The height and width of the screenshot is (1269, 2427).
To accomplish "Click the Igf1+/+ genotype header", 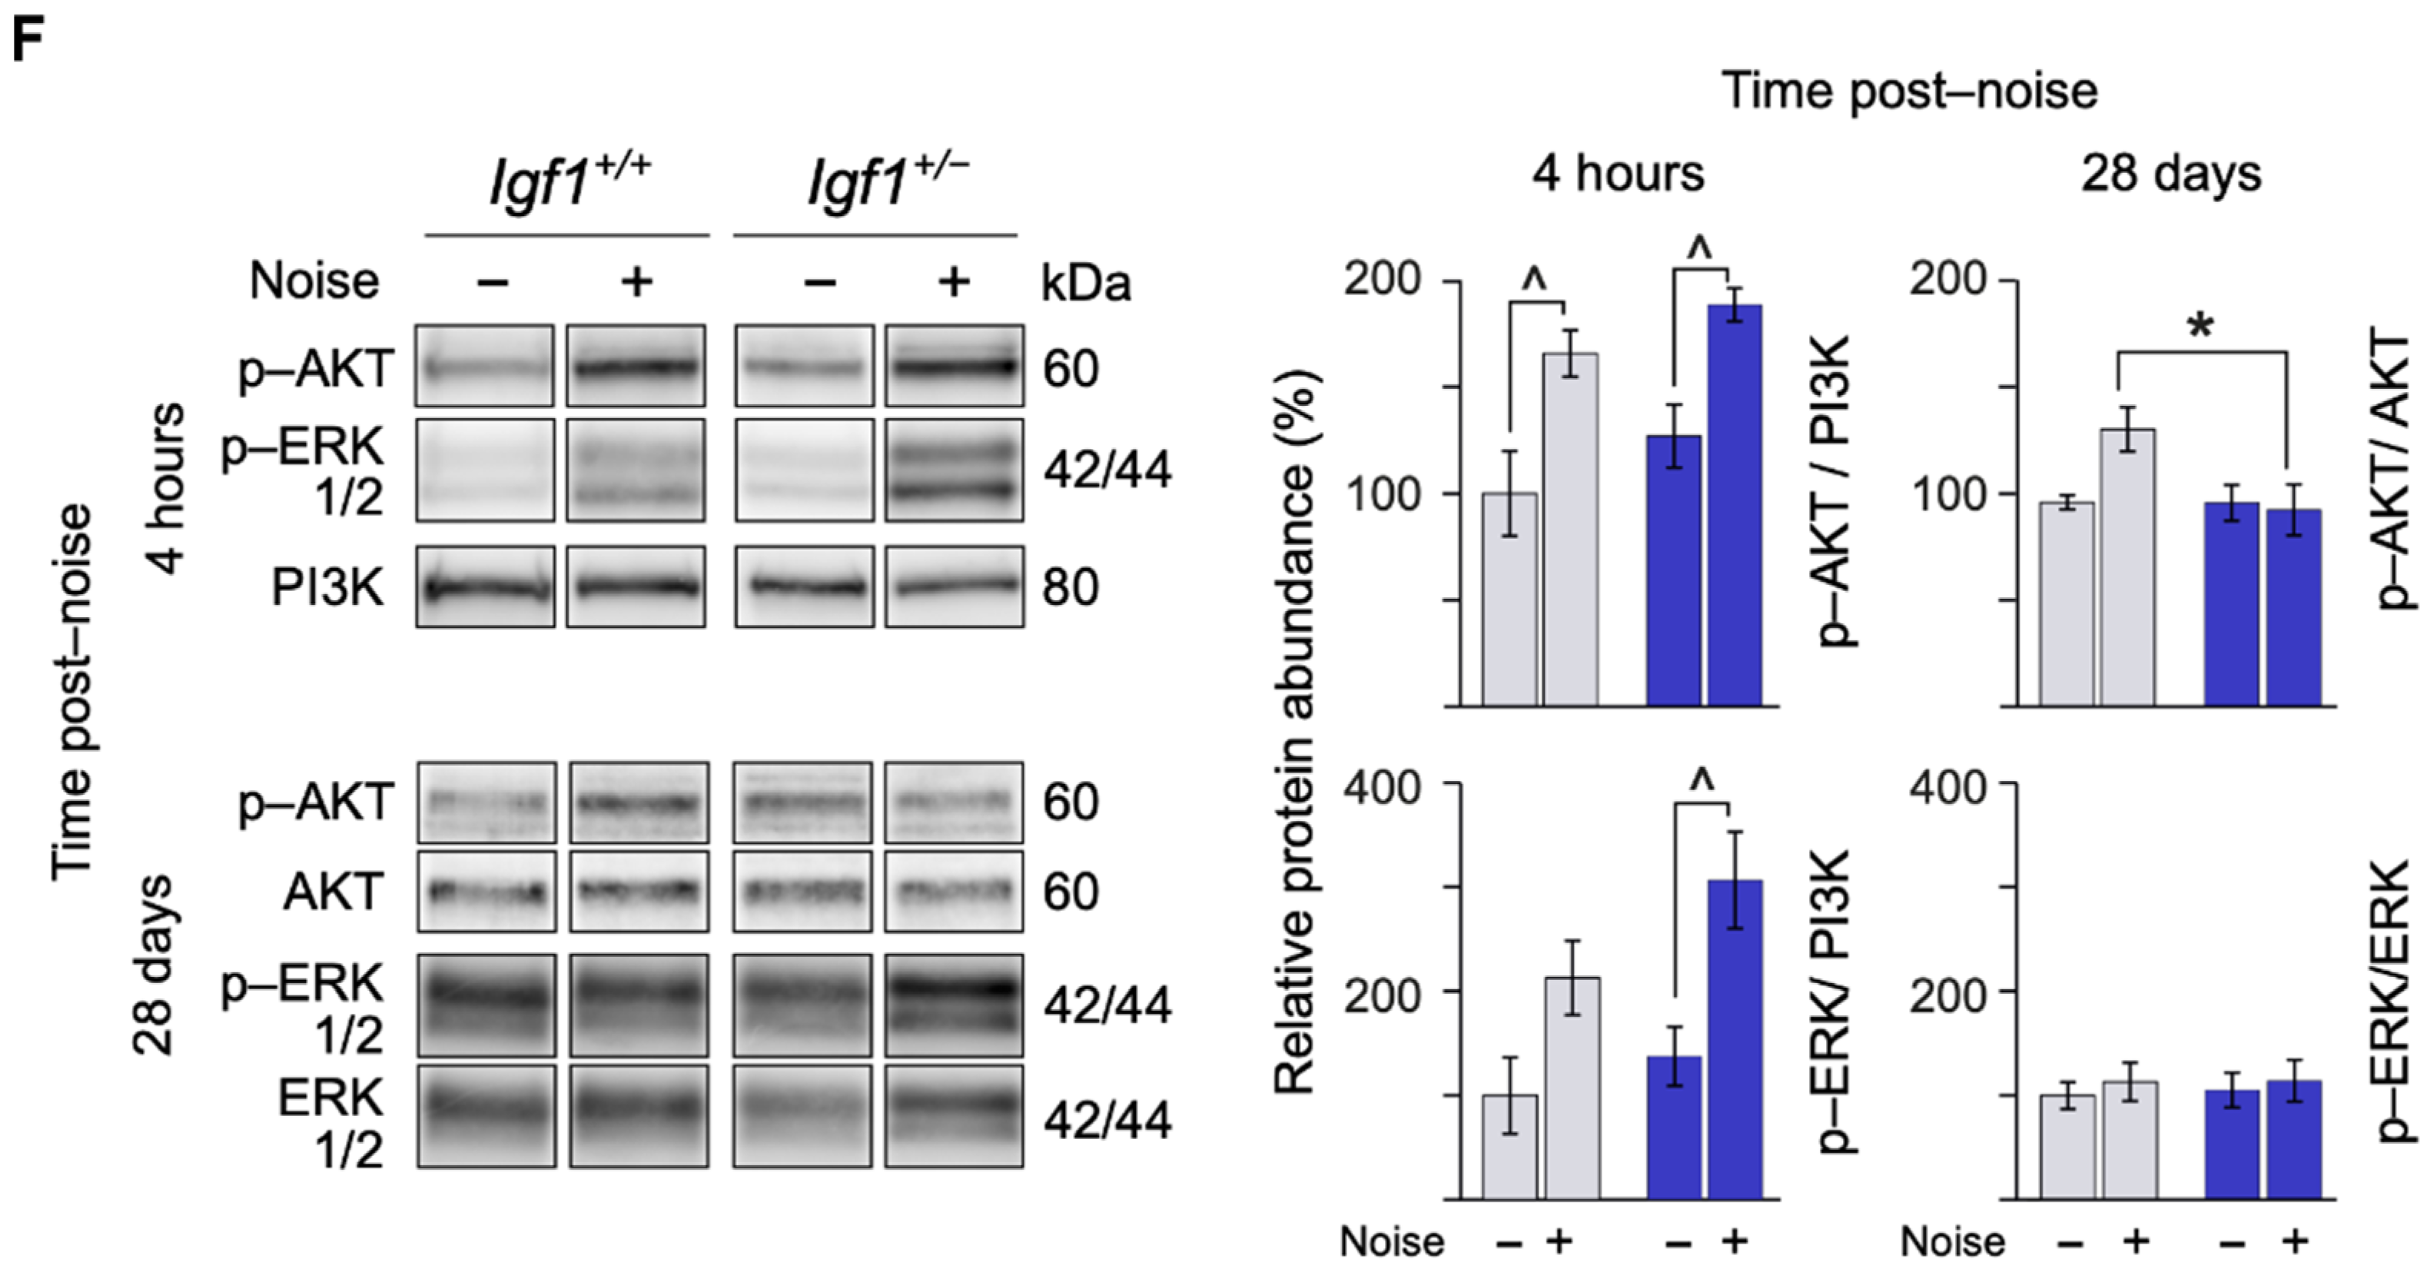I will click(569, 184).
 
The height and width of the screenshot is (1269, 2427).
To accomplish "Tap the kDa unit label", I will click(1085, 283).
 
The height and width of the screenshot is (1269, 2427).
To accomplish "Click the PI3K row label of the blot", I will click(328, 588).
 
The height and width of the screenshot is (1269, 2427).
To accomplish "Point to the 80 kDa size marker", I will click(1071, 588).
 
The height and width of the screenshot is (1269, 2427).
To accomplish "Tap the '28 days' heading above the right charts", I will click(2170, 174).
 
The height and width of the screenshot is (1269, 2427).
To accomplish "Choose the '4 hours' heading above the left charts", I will click(1618, 174).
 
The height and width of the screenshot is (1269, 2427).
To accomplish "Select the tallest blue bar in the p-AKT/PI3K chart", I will click(1735, 504).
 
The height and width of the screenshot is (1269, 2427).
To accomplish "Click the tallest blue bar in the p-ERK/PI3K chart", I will click(1735, 1036).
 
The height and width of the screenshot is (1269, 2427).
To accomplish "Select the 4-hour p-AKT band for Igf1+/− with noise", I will click(955, 367).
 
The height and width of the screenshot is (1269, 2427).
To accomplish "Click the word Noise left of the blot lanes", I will click(314, 281).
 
